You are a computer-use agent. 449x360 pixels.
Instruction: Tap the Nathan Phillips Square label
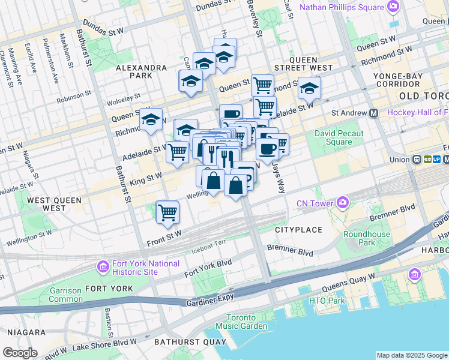[x=342, y=7]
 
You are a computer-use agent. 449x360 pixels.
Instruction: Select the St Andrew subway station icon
[x=374, y=113]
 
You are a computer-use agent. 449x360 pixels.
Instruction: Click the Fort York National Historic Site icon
[x=102, y=265]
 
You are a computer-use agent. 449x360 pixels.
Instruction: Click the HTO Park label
[x=327, y=300]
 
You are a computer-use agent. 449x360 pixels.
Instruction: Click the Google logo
[x=20, y=353]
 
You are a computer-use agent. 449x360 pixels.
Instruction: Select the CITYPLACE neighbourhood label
[x=298, y=230]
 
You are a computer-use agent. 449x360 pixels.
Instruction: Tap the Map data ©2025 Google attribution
[x=412, y=355]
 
